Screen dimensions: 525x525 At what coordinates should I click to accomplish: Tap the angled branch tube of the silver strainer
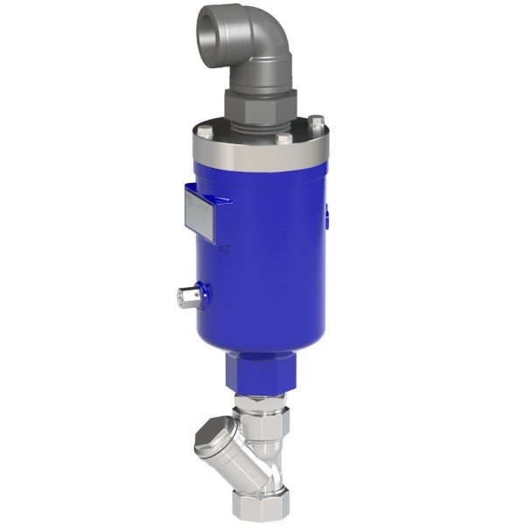pos(232,446)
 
